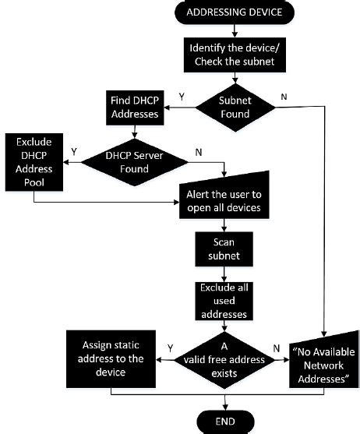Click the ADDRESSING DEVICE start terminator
[x=225, y=12]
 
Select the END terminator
[x=225, y=422]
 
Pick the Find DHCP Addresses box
[x=136, y=108]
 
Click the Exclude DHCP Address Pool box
[x=34, y=163]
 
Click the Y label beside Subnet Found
[x=182, y=97]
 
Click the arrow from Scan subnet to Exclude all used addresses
[x=224, y=273]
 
